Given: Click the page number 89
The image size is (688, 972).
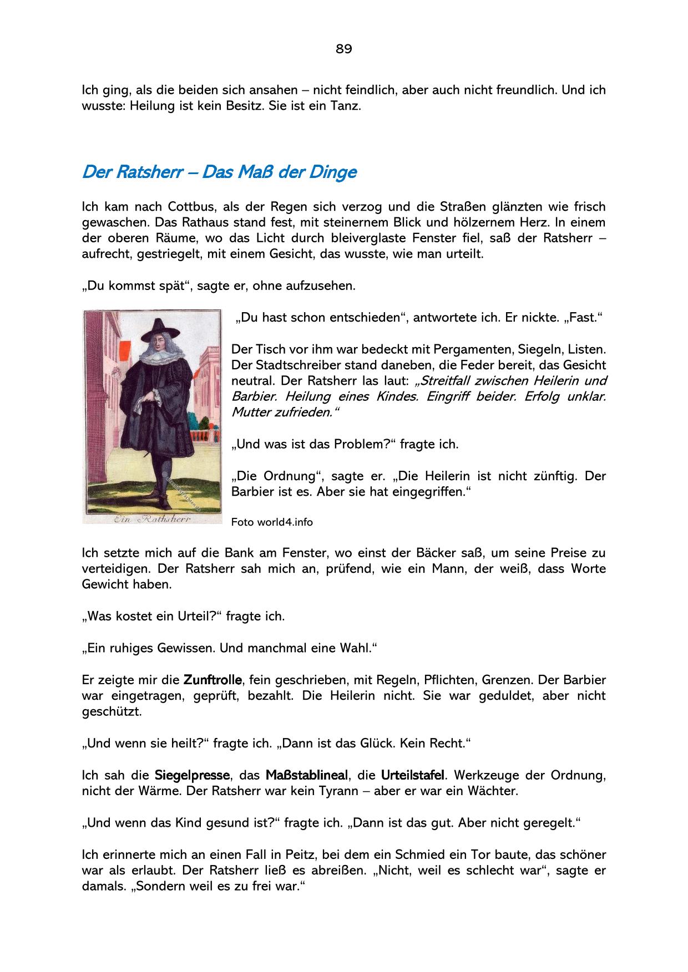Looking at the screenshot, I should (343, 49).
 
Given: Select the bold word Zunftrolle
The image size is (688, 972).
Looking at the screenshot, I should (213, 680).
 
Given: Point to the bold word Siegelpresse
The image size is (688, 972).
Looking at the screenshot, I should (192, 775).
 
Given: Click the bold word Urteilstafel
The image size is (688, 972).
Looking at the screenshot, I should (413, 775).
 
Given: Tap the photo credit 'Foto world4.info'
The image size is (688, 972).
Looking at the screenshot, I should (272, 522).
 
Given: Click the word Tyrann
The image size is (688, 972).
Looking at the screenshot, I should (332, 791).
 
